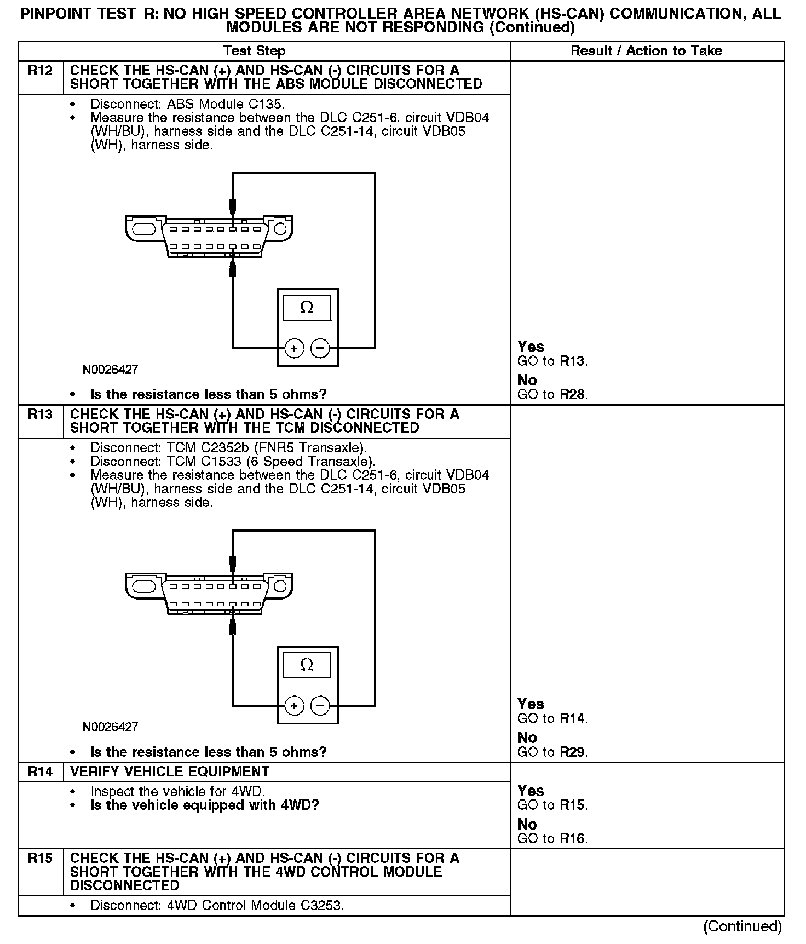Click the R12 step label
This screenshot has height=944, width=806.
(x=41, y=71)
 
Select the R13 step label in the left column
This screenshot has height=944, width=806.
(x=41, y=415)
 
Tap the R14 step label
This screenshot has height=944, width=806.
(x=41, y=772)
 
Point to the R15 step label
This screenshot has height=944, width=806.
(x=41, y=859)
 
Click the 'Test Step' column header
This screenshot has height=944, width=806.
(x=255, y=51)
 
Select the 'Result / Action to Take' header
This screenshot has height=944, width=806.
(x=646, y=51)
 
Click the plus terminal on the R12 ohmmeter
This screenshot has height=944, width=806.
(x=295, y=348)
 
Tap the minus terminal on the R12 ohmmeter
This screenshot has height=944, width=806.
(x=320, y=348)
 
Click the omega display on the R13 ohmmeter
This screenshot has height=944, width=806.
(x=307, y=665)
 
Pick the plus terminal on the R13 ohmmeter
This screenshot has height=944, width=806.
(x=295, y=706)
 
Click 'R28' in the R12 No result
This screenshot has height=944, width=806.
(x=573, y=395)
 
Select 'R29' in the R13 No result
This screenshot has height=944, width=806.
(x=573, y=752)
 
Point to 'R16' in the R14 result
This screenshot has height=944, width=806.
(x=573, y=839)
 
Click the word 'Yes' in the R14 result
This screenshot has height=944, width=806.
(x=531, y=791)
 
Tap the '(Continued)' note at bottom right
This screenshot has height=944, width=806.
(x=742, y=926)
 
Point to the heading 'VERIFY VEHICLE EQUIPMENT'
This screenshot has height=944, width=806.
(x=170, y=772)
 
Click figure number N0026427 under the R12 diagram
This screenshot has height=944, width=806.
(x=110, y=370)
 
